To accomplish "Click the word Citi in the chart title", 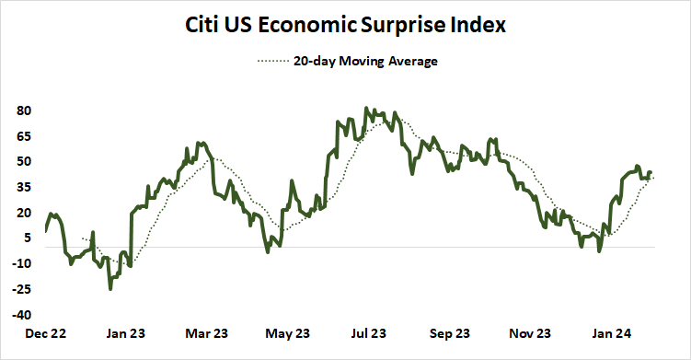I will (205, 25).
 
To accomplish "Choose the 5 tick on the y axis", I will (29, 238).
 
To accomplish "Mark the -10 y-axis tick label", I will (23, 263).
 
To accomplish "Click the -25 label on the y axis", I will (23, 289).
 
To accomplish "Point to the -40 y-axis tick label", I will (23, 315).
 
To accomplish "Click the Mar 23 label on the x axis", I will (206, 333).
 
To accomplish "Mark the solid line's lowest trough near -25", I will (110, 288).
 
